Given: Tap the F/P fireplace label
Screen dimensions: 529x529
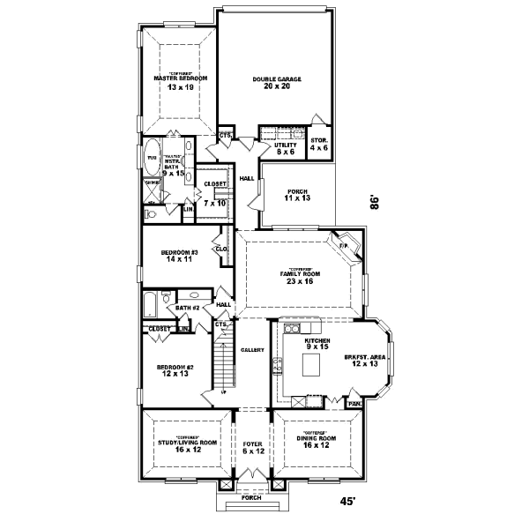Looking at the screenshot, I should coord(345,244).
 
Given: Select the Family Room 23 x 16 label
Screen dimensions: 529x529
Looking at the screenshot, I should coord(301,277).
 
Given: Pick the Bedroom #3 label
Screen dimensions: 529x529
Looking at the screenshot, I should coord(179,256).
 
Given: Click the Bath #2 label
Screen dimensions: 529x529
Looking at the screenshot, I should coord(188,308).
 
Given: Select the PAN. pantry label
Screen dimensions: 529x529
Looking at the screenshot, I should coord(354,404).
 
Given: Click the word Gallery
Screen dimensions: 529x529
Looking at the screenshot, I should coord(253,350).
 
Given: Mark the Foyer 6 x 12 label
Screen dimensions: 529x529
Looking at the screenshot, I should coord(253,448).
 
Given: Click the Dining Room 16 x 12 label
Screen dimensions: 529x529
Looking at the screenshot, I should coord(315,443).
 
